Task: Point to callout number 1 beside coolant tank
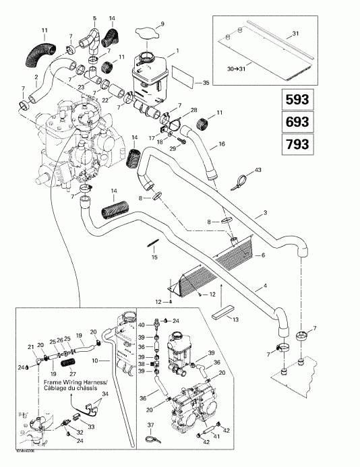[177, 51]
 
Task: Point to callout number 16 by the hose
[222, 145]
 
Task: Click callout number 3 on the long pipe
[266, 213]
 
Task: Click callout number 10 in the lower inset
[96, 361]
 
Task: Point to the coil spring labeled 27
[65, 364]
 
